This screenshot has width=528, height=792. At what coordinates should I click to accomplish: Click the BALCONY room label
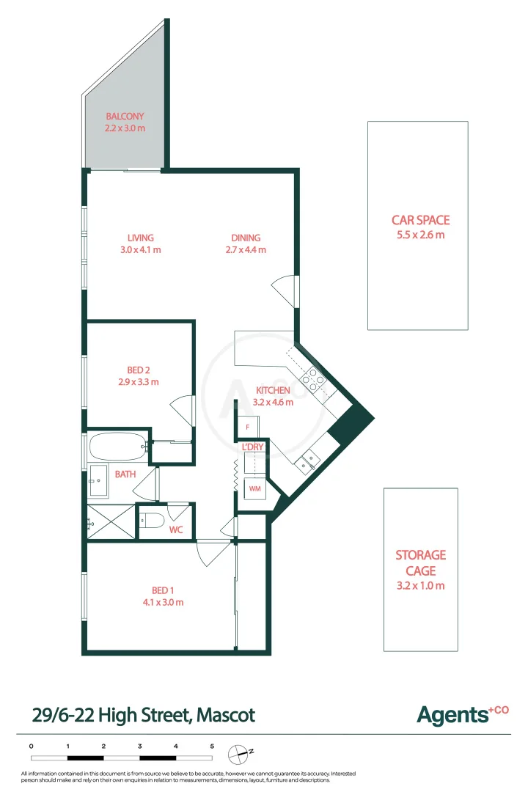pyautogui.click(x=125, y=116)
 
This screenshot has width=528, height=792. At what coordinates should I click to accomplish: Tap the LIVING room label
pyautogui.click(x=140, y=238)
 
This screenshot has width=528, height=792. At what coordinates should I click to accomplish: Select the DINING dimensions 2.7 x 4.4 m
pyautogui.click(x=246, y=250)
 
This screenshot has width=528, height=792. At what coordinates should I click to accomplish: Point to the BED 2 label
pyautogui.click(x=139, y=370)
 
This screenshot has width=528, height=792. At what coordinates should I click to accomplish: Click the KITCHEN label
pyautogui.click(x=274, y=390)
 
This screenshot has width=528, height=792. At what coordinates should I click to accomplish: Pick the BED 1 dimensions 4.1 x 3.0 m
pyautogui.click(x=163, y=602)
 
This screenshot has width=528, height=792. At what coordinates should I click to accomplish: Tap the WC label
pyautogui.click(x=176, y=529)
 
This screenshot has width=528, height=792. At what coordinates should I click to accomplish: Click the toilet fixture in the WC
pyautogui.click(x=153, y=520)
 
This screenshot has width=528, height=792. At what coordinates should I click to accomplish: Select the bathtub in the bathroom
pyautogui.click(x=117, y=445)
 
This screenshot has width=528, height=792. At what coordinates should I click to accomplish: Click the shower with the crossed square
pyautogui.click(x=111, y=522)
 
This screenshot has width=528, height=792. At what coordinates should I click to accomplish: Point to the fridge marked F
pyautogui.click(x=248, y=427)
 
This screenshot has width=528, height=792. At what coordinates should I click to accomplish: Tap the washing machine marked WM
pyautogui.click(x=254, y=488)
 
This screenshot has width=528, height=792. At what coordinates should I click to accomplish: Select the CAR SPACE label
pyautogui.click(x=420, y=220)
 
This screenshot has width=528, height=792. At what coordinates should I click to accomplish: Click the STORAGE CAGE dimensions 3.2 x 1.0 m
pyautogui.click(x=420, y=585)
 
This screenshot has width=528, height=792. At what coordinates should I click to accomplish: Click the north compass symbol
pyautogui.click(x=238, y=752)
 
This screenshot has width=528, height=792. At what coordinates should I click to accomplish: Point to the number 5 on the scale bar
pyautogui.click(x=212, y=746)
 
